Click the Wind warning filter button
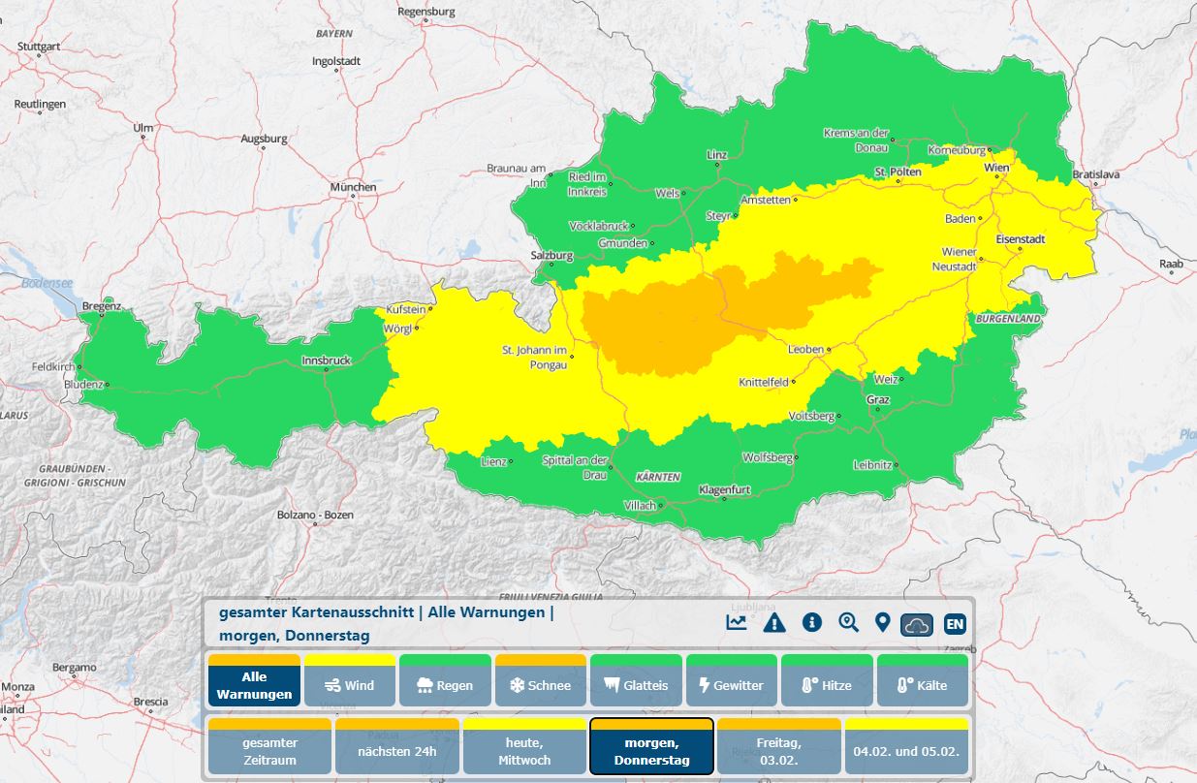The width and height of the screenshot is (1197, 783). pyautogui.click(x=349, y=685)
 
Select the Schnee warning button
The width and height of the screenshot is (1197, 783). pyautogui.click(x=540, y=685)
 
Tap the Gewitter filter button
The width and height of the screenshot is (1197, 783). pyautogui.click(x=731, y=685)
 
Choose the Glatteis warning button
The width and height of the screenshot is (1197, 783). pyautogui.click(x=635, y=685)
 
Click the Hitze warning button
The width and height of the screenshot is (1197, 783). pyautogui.click(x=826, y=685)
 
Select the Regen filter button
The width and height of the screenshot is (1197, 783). pyautogui.click(x=444, y=685)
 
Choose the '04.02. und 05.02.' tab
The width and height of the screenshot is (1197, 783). pyautogui.click(x=906, y=751)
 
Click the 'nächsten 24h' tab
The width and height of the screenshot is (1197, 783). pyautogui.click(x=396, y=751)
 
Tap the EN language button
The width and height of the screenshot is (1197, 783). pyautogui.click(x=954, y=623)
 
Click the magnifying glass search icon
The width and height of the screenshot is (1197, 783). pyautogui.click(x=849, y=622)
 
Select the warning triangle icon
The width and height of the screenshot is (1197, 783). pyautogui.click(x=773, y=622)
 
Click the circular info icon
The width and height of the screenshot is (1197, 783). pyautogui.click(x=811, y=622)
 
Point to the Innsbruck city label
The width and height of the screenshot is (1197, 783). pyautogui.click(x=326, y=360)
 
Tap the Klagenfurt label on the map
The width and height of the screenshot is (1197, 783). pyautogui.click(x=725, y=490)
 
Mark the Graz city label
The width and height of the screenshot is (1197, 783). pyautogui.click(x=877, y=399)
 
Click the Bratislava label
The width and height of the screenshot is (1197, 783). pyautogui.click(x=1096, y=174)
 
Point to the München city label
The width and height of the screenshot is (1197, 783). pyautogui.click(x=353, y=187)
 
